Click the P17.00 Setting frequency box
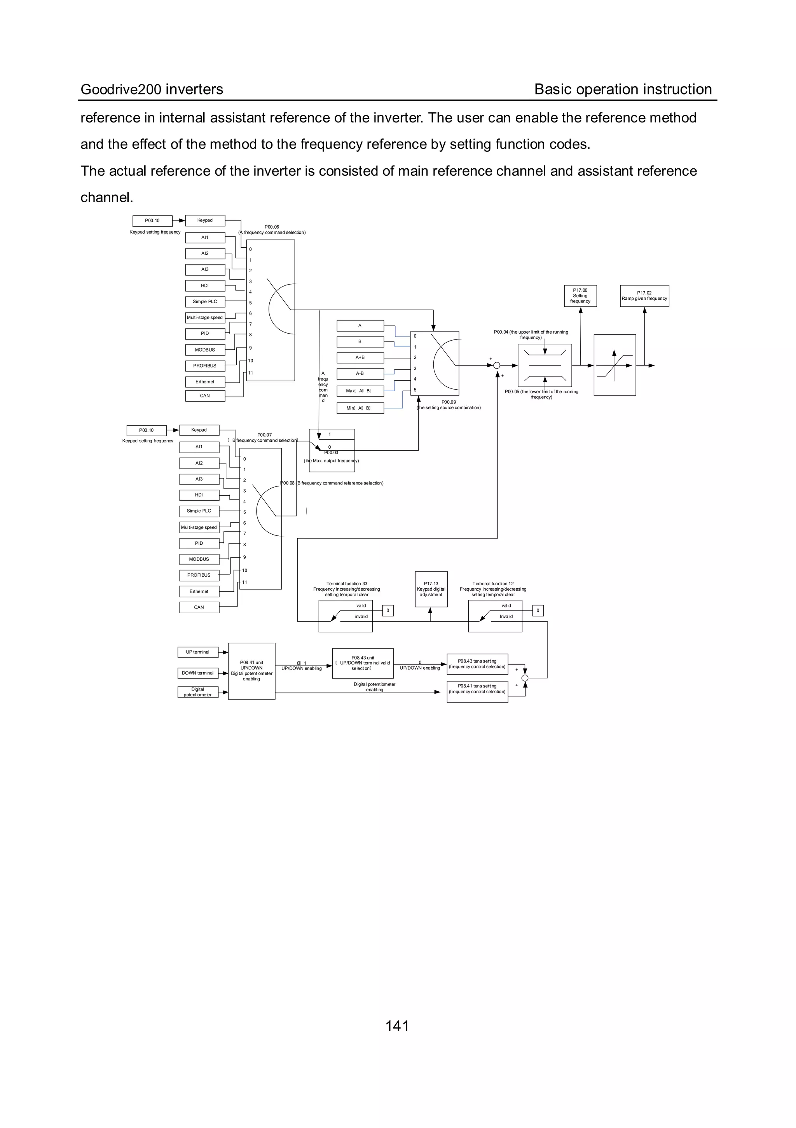(x=580, y=296)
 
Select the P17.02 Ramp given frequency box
(x=644, y=296)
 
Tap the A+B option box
(x=360, y=358)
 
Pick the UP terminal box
(x=197, y=652)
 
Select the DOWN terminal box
(x=197, y=673)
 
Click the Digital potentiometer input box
(x=197, y=692)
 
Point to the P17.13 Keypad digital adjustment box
(x=431, y=589)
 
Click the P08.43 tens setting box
(x=477, y=664)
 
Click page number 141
(x=397, y=1026)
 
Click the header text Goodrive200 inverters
(x=152, y=89)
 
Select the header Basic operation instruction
(x=623, y=89)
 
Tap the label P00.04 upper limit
(x=531, y=334)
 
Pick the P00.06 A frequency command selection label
(x=272, y=229)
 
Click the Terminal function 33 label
(x=347, y=589)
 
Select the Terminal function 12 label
(x=493, y=589)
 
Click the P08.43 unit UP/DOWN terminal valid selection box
(x=363, y=663)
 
